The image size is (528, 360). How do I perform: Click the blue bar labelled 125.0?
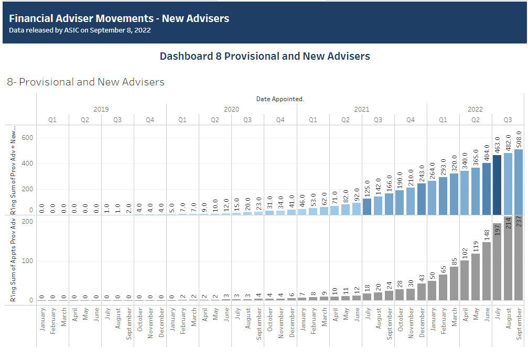tap(367, 206)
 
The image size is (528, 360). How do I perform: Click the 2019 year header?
tap(101, 110)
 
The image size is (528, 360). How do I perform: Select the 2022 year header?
tap(475, 110)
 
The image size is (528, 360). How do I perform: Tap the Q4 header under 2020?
tap(280, 120)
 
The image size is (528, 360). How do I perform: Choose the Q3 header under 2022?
tap(508, 120)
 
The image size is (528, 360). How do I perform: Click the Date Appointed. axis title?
tap(280, 99)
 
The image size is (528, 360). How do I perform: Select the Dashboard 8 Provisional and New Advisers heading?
tap(265, 56)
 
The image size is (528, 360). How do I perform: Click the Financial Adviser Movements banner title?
tap(119, 18)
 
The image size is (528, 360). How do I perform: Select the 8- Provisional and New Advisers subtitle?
tap(85, 82)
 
